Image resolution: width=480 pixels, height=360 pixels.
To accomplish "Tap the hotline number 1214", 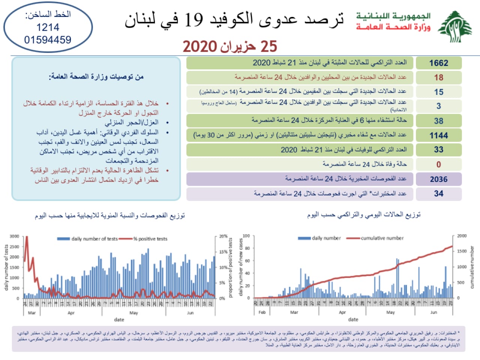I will click(x=48, y=27).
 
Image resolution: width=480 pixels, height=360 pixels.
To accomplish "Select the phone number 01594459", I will click(x=48, y=40).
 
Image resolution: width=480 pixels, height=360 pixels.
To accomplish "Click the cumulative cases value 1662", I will click(x=438, y=63).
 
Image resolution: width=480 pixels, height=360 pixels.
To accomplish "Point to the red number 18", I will click(x=438, y=78).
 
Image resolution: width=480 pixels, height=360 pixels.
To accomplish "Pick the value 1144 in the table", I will click(x=438, y=135).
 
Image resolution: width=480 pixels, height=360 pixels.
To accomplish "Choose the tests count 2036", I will click(x=438, y=179).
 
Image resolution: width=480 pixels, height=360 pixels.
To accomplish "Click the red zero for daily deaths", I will click(x=438, y=164).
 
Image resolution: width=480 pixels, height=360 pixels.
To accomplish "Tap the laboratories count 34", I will click(x=438, y=193).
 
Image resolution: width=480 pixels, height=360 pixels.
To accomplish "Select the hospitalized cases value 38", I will click(x=438, y=121).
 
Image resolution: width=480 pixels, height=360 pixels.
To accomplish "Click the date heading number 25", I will click(x=268, y=46).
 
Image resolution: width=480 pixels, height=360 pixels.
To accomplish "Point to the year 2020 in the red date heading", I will click(x=199, y=46).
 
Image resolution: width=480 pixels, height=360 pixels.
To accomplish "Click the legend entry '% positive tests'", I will click(x=150, y=239).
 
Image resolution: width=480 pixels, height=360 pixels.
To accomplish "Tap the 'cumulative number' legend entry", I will click(x=382, y=238).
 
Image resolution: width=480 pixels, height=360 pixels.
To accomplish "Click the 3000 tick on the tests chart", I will click(x=14, y=236).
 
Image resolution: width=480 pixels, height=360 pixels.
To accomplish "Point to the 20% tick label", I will click(x=223, y=236).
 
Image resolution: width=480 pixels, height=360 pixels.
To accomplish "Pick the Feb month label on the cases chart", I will click(x=262, y=312).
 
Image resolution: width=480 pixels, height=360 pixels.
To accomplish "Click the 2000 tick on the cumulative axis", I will click(x=462, y=236).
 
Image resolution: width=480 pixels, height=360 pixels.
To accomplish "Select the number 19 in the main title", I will click(x=194, y=19).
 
